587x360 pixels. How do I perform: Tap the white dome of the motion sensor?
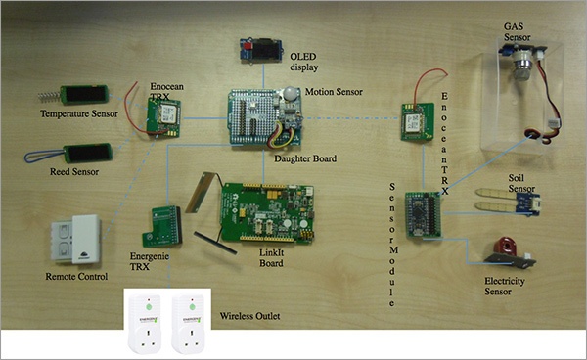290,94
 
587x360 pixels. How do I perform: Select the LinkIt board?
267,213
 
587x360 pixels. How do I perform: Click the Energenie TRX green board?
162,226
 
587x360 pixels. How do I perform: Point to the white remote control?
76,240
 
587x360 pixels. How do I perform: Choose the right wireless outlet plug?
189,323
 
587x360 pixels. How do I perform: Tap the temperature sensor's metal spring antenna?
49,96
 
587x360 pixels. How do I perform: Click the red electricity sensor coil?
506,246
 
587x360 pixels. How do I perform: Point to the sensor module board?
424,215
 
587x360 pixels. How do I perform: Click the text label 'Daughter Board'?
305,158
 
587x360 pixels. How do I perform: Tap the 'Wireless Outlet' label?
249,316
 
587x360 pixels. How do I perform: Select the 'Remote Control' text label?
76,277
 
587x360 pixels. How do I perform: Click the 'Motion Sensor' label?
334,92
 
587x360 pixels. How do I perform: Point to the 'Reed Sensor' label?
74,172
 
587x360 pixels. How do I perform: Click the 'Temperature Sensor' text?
79,113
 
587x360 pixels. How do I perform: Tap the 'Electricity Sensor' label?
504,287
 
